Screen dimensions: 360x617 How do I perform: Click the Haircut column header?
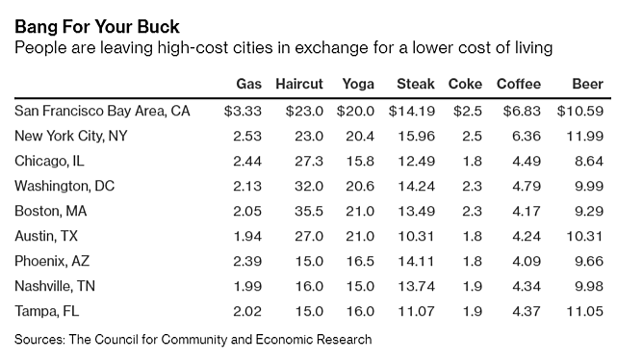pos(300,84)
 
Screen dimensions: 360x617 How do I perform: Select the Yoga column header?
pos(357,84)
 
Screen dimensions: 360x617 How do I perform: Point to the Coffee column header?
pos(519,84)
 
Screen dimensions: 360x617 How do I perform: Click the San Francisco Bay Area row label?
pos(103,111)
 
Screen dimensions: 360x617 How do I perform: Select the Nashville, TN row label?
pos(56,286)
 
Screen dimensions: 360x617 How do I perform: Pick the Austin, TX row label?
pos(46,236)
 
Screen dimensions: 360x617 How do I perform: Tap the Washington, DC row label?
pos(64,186)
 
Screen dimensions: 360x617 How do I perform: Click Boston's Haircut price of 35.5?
pos(310,211)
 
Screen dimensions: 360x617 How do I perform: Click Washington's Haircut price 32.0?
pos(310,186)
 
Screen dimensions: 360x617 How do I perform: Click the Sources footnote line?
pos(193,339)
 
